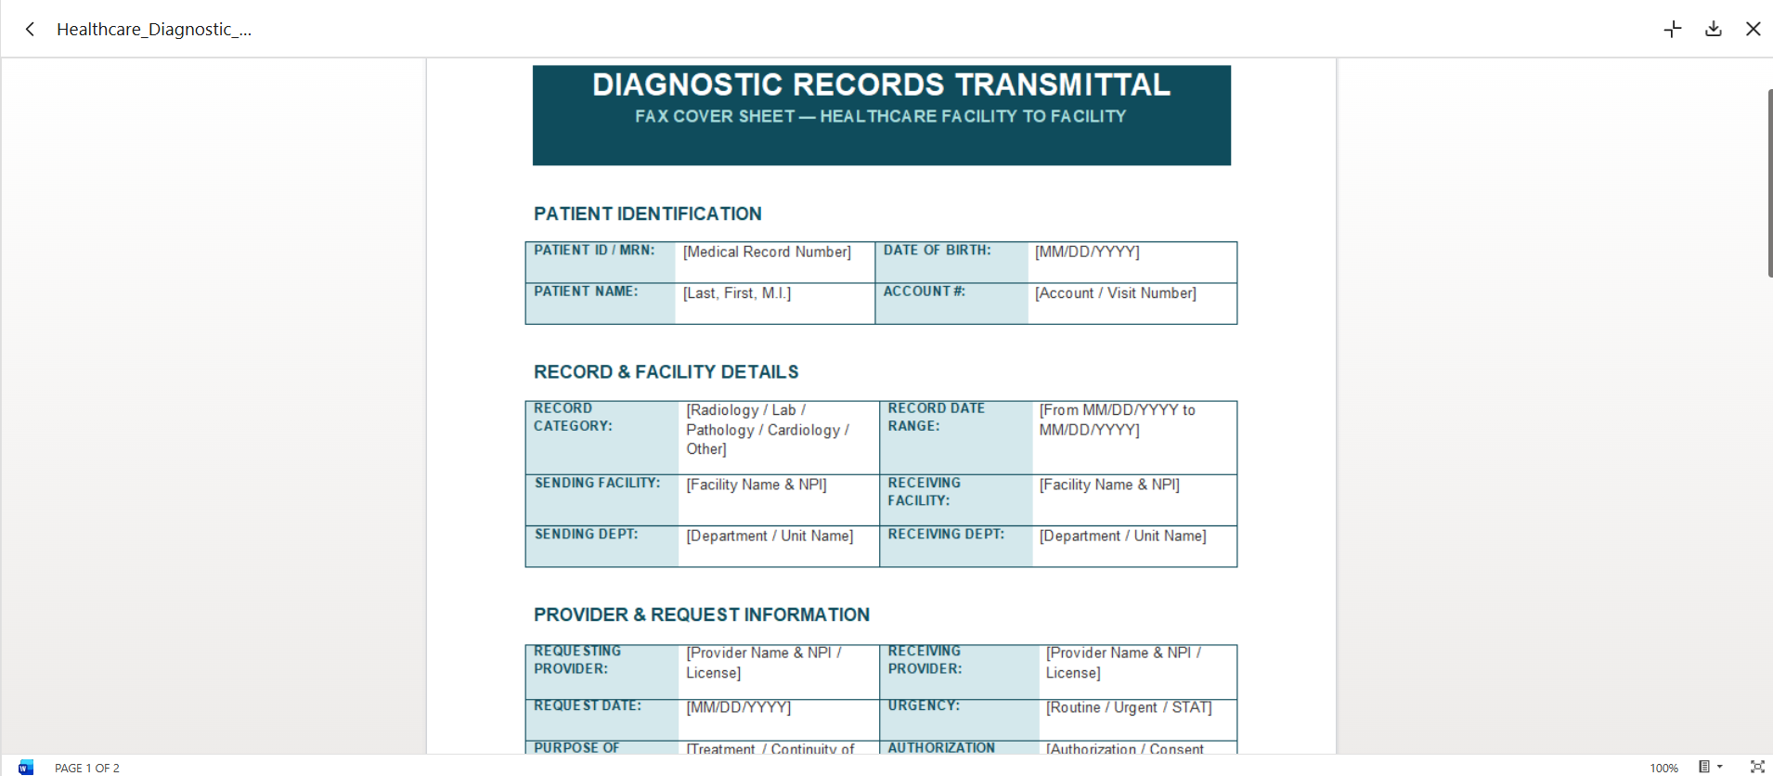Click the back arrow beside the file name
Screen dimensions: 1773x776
pos(30,29)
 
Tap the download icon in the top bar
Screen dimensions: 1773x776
pos(1714,29)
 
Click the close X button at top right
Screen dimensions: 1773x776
pos(1754,29)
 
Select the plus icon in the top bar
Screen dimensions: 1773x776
pos(1673,29)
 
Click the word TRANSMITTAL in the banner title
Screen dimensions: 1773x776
pos(1063,84)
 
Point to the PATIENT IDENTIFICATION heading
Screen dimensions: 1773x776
pos(648,213)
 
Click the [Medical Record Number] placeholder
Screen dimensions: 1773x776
pos(767,252)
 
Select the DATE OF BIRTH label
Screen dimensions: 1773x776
pos(937,250)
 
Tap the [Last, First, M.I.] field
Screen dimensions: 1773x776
pos(737,293)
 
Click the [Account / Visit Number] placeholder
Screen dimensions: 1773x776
pos(1116,293)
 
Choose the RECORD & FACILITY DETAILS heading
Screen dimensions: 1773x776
pos(666,371)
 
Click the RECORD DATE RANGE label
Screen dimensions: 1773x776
pos(936,417)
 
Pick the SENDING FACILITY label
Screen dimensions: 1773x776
pos(597,483)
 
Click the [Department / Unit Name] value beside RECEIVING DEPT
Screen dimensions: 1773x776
pos(1123,536)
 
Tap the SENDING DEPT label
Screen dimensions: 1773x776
pos(586,534)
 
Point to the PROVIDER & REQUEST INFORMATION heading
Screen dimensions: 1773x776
pos(702,614)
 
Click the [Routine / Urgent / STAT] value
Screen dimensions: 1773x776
pos(1129,707)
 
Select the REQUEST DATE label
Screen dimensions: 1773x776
pos(588,705)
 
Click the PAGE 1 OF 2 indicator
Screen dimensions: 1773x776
pos(87,768)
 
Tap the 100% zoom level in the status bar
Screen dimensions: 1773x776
pos(1663,768)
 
